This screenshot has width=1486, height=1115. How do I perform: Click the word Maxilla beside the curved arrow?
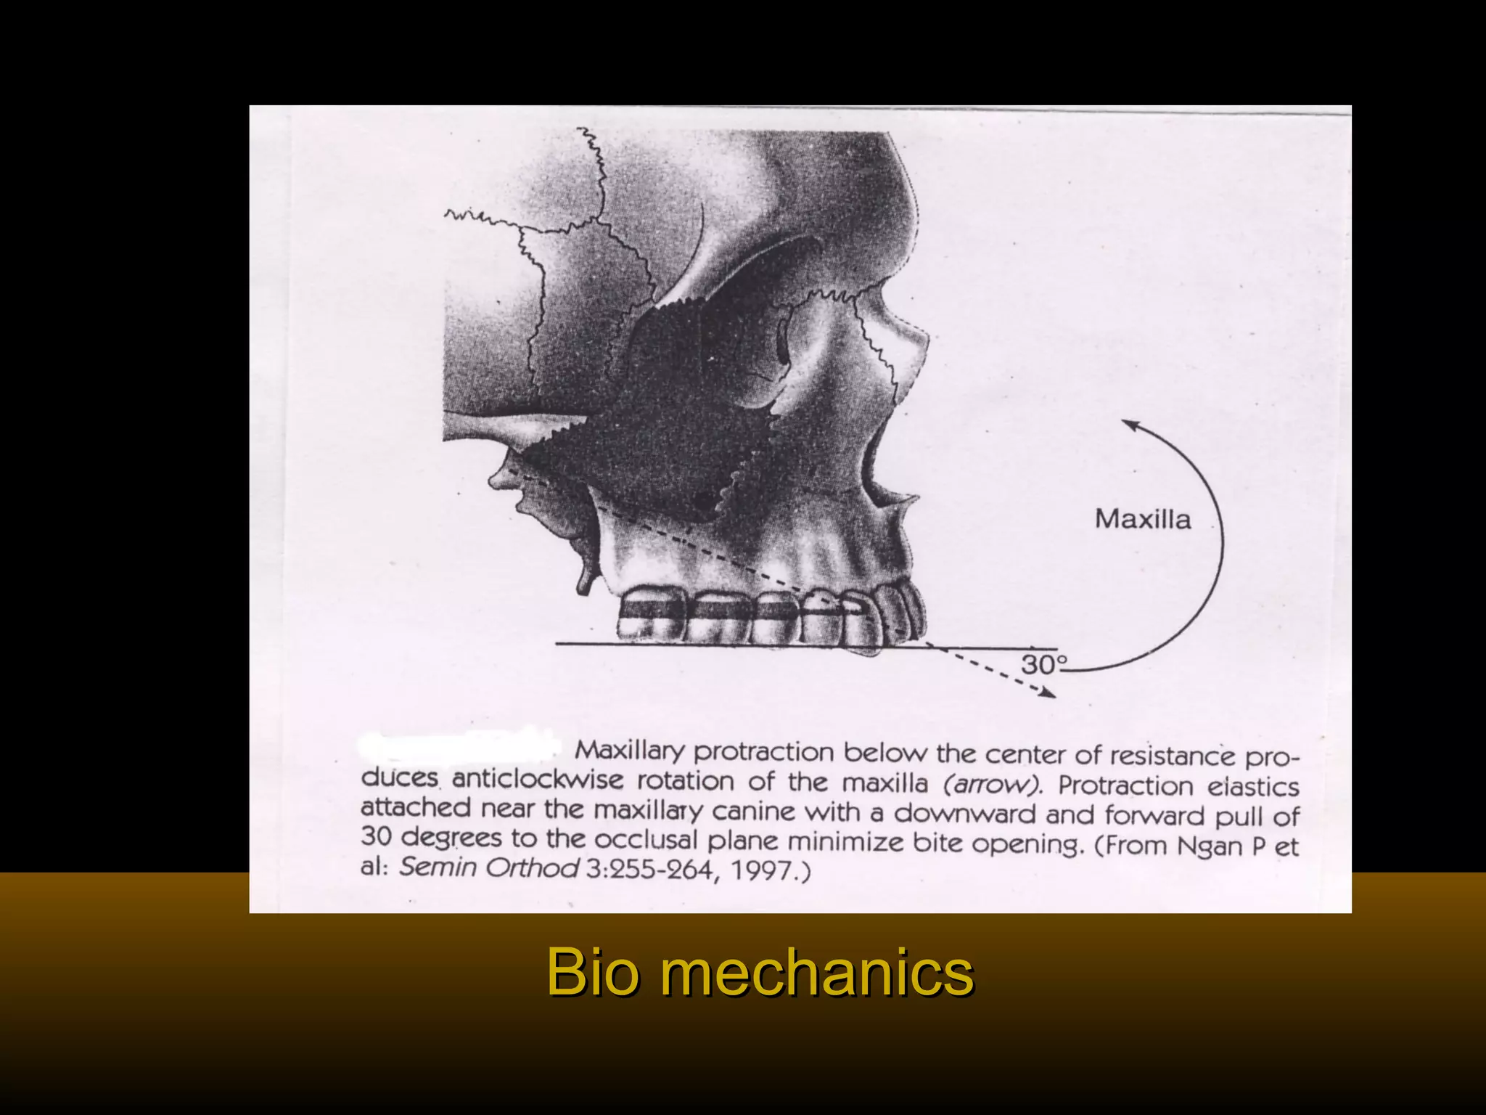[x=1142, y=520]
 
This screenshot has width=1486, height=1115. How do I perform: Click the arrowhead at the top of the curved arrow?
[x=1128, y=424]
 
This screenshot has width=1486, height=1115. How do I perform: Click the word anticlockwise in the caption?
[x=537, y=780]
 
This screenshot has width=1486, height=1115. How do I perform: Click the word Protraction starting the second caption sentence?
[x=1125, y=785]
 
